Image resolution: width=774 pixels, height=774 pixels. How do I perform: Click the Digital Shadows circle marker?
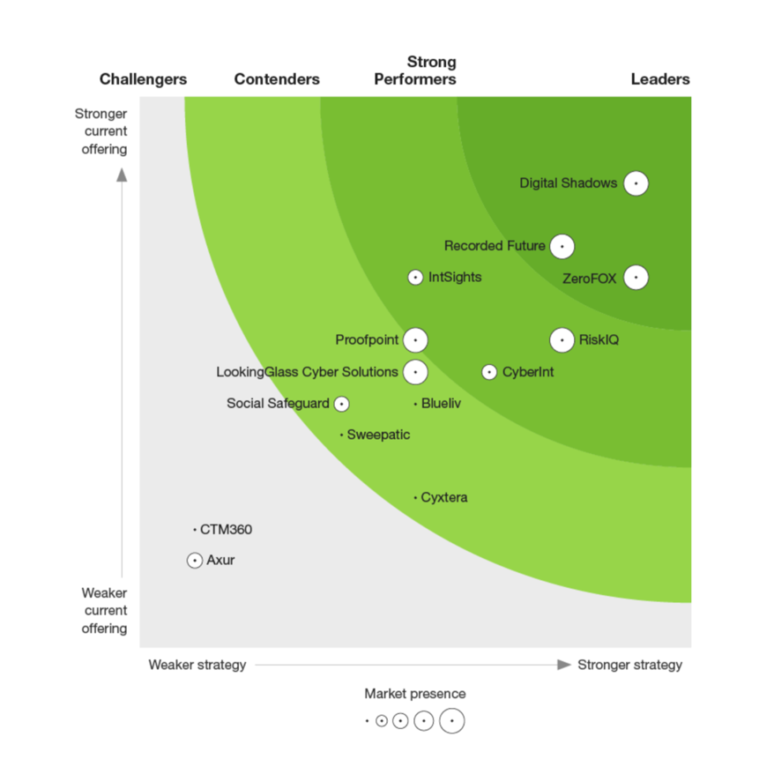[x=636, y=183]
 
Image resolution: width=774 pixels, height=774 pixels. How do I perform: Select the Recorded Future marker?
[x=562, y=246]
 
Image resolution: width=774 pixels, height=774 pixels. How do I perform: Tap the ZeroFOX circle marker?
[x=636, y=278]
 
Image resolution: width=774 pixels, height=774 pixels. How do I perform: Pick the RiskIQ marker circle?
[x=562, y=339]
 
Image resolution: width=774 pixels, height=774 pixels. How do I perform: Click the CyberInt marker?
[x=489, y=372]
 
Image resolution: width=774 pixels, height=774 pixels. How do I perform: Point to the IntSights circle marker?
[x=415, y=278]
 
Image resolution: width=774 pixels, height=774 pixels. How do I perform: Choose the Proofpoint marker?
[x=415, y=339]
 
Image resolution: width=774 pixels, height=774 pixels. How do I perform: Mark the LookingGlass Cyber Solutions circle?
[x=415, y=372]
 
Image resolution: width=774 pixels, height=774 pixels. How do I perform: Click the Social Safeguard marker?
[x=342, y=404]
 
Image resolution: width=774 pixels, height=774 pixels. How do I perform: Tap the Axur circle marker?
[x=195, y=560]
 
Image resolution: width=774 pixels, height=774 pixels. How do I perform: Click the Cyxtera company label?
[x=444, y=498]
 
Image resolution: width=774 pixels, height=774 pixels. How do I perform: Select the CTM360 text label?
[x=226, y=530]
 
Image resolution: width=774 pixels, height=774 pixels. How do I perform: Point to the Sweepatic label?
[x=378, y=435]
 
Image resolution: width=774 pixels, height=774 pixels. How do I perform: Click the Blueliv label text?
[x=441, y=404]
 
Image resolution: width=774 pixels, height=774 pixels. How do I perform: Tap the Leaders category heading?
[x=660, y=79]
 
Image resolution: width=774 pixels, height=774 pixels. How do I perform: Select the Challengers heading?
[x=143, y=79]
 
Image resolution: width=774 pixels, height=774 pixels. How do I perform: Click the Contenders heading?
[x=277, y=79]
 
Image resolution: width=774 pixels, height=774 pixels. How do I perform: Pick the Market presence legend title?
[x=415, y=694]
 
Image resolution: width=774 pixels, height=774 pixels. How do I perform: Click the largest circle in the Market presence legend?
[x=452, y=720]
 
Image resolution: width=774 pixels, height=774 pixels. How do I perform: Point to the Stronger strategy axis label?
[x=629, y=665]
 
